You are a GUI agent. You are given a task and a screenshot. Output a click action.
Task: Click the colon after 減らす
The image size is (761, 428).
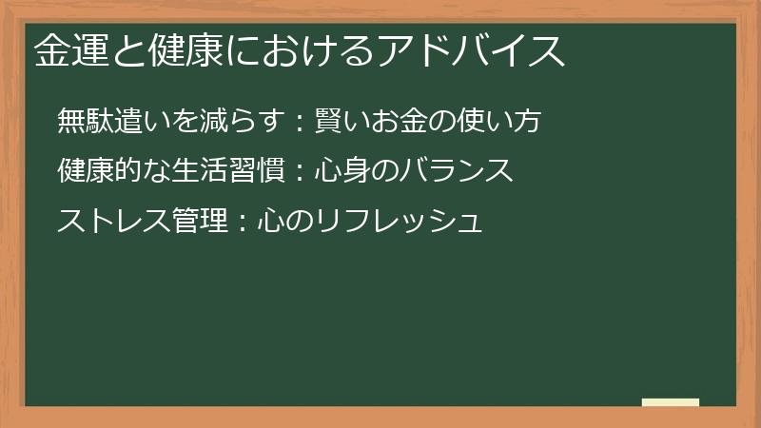(297, 122)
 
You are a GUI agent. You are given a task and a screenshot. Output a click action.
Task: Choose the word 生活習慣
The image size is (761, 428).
(238, 170)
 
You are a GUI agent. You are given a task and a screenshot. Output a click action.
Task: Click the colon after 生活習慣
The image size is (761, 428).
(297, 172)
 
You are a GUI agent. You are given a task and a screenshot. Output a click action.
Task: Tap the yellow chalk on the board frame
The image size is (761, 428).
(670, 402)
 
